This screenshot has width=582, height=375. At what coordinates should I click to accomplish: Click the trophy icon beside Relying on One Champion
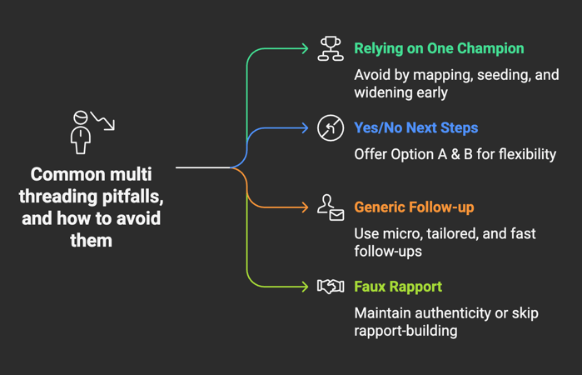coord(331,49)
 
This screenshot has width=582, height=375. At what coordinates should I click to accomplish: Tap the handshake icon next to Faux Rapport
coord(331,287)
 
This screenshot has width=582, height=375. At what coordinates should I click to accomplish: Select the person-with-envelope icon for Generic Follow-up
coord(331,207)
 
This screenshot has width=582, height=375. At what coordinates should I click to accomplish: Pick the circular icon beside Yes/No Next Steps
coord(331,128)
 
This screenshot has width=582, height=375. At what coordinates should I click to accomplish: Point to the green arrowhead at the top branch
coord(305,49)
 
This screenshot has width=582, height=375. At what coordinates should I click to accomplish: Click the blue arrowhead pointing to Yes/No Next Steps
coord(305,128)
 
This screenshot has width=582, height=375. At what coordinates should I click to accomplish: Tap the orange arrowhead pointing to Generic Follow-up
coord(305,207)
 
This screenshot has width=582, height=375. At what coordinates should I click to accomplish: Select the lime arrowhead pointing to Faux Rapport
coord(305,287)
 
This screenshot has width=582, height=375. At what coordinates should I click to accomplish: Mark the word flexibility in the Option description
coord(521,154)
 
